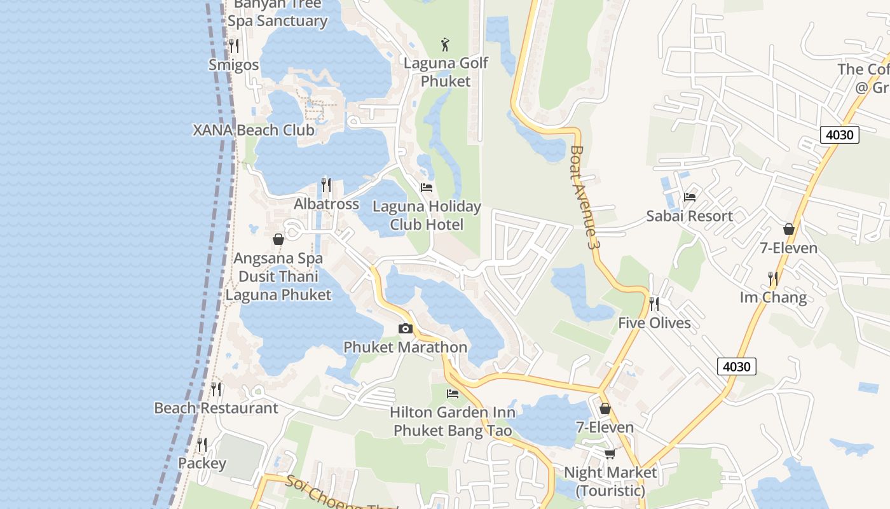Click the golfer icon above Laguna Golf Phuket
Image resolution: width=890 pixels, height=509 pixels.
(x=446, y=45)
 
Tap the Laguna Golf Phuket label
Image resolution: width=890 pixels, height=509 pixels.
(x=446, y=72)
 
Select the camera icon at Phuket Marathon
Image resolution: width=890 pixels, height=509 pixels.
(x=405, y=328)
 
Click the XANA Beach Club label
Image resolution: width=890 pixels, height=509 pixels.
(x=254, y=130)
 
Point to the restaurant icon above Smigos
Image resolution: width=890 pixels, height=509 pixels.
(x=234, y=45)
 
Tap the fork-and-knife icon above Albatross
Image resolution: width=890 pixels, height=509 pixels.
(x=326, y=185)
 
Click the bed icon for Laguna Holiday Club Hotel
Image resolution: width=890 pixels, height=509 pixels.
(x=427, y=187)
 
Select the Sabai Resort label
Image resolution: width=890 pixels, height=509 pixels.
(x=689, y=216)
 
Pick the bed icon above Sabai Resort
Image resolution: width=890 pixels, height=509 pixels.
(x=690, y=197)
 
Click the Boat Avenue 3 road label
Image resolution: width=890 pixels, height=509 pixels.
(x=585, y=197)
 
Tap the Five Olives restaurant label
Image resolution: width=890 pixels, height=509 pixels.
(x=654, y=323)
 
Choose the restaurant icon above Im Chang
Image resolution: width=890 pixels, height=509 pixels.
(x=773, y=278)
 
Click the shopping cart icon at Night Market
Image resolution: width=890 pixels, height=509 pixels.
(x=610, y=454)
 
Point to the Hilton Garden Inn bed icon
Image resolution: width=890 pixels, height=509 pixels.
(x=453, y=393)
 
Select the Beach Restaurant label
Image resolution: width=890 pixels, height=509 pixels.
(x=216, y=408)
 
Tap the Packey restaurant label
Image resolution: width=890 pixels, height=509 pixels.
(x=202, y=463)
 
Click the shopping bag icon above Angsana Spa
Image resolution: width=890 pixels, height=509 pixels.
(x=278, y=239)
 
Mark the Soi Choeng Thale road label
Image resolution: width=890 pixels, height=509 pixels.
(x=340, y=494)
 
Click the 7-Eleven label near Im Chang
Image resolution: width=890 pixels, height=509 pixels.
(x=788, y=248)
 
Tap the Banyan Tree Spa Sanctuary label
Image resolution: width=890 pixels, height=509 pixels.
(x=277, y=13)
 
